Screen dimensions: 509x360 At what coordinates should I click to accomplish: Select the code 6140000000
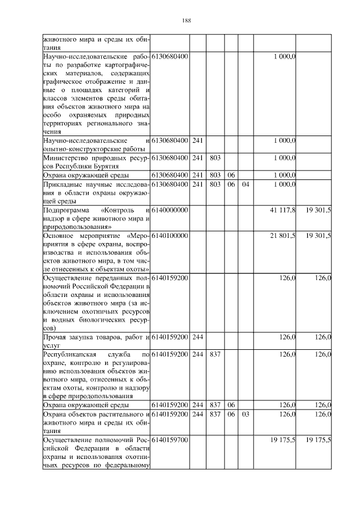[x=169, y=210]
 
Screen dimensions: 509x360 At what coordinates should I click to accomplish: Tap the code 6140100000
[x=169, y=235]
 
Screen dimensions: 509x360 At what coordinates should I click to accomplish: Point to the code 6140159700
[x=169, y=439]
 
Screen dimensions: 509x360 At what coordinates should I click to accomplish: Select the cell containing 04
[x=245, y=184]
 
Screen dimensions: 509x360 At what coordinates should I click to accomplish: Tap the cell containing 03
[x=245, y=415]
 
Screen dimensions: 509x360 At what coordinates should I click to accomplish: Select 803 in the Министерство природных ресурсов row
[x=214, y=159]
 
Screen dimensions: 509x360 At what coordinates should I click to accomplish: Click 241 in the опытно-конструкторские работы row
[x=197, y=140]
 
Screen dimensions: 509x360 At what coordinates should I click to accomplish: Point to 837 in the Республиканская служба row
[x=214, y=355]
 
